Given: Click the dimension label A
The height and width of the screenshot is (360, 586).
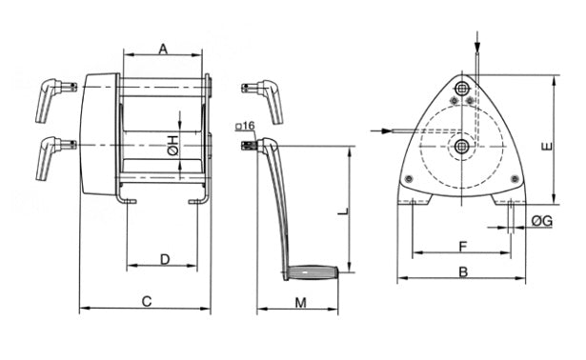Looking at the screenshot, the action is pyautogui.click(x=163, y=49).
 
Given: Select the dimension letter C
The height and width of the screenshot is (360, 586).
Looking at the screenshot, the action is pyautogui.click(x=147, y=301).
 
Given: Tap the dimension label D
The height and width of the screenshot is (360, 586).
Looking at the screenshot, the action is pyautogui.click(x=165, y=259).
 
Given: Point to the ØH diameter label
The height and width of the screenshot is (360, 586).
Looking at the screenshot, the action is pyautogui.click(x=173, y=146).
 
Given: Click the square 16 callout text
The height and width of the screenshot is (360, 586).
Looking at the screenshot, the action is pyautogui.click(x=245, y=126).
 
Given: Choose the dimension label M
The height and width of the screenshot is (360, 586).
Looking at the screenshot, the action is pyautogui.click(x=300, y=303).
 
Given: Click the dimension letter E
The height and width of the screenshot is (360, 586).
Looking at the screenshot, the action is pyautogui.click(x=547, y=147).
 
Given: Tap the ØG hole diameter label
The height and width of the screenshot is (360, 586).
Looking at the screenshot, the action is pyautogui.click(x=542, y=222).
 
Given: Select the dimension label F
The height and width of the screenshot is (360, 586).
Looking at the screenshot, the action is pyautogui.click(x=463, y=247).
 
